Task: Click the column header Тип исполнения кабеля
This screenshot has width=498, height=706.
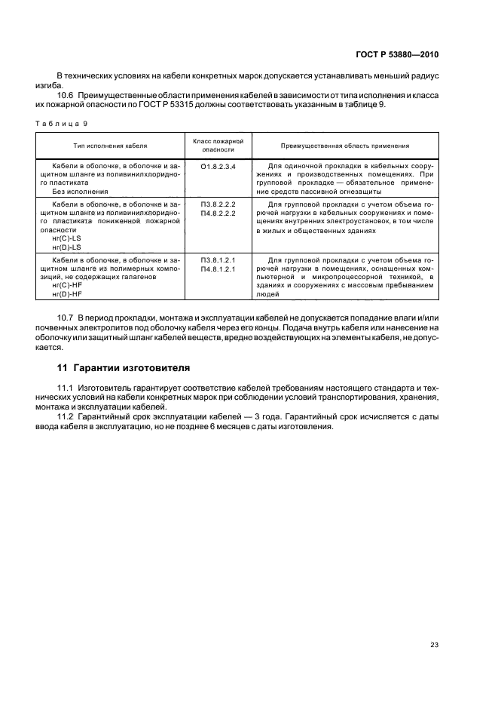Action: click(x=110, y=145)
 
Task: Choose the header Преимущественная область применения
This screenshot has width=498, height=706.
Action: click(x=345, y=145)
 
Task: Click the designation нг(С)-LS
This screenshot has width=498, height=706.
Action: click(x=66, y=238)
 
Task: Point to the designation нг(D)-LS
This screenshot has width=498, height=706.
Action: click(x=66, y=247)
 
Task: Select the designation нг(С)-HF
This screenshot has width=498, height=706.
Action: click(x=66, y=287)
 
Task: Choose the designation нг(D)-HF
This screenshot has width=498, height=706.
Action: click(x=66, y=296)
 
